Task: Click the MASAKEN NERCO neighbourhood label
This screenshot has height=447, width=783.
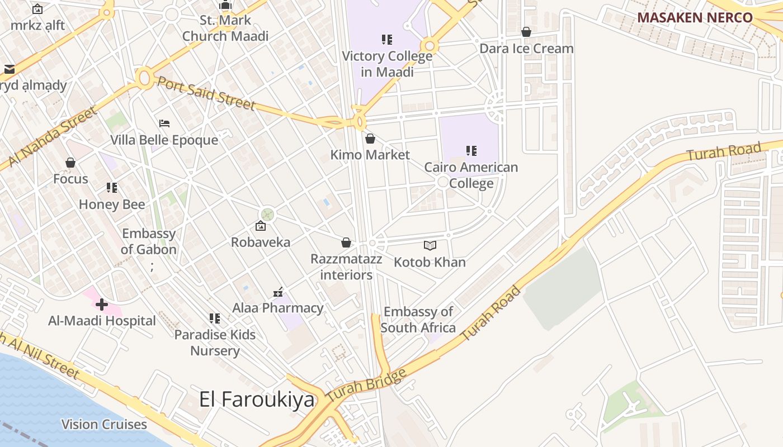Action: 695,17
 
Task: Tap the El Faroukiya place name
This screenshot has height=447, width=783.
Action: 257,400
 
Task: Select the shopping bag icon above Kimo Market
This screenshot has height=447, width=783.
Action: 370,139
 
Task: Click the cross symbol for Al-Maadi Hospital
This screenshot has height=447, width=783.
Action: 102,305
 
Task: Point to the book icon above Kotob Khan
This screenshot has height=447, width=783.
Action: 430,245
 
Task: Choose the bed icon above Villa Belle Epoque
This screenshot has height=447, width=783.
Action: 164,123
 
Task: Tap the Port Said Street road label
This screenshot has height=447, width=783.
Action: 206,93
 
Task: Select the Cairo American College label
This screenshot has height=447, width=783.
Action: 471,175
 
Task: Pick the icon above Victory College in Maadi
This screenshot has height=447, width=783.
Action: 386,40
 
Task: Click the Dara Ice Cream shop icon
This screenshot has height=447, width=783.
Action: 526,32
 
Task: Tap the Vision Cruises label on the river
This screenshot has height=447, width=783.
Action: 104,424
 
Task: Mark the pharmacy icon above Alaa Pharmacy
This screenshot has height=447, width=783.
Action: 278,292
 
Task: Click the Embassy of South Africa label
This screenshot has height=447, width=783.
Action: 418,320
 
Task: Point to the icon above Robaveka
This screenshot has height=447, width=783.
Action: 260,226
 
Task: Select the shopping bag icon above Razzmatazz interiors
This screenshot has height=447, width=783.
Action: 346,242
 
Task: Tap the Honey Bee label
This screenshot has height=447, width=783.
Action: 112,205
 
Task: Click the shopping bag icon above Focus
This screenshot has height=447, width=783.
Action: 70,163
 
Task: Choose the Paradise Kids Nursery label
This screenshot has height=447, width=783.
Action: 215,343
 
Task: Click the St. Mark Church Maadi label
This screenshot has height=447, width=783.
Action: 225,28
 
